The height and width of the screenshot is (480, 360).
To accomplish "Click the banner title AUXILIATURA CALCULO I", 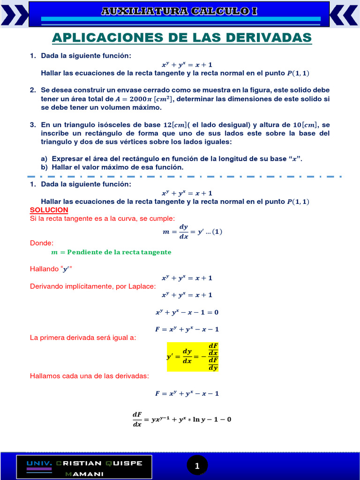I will pos(180,11).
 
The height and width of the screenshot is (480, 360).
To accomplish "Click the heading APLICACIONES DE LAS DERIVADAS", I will pos(181,37).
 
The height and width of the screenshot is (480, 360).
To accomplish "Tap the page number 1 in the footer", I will pos(197,465).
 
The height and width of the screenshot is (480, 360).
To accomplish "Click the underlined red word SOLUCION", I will pos(49,210).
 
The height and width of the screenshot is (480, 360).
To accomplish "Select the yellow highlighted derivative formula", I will pos(193,356).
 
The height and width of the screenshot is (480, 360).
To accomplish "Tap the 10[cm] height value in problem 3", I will pos(304,125).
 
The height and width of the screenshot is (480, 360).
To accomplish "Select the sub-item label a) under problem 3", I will pos(45,159).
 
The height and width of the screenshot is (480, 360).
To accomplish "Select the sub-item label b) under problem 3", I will pos(45,167).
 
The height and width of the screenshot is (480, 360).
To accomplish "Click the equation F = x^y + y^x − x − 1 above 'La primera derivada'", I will pos(187,329).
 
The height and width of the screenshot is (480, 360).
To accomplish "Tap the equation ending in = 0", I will pos(187,312).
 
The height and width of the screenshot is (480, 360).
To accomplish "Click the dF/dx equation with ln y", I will pos(182,419).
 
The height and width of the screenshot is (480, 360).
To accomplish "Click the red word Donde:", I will pos(42,243).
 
